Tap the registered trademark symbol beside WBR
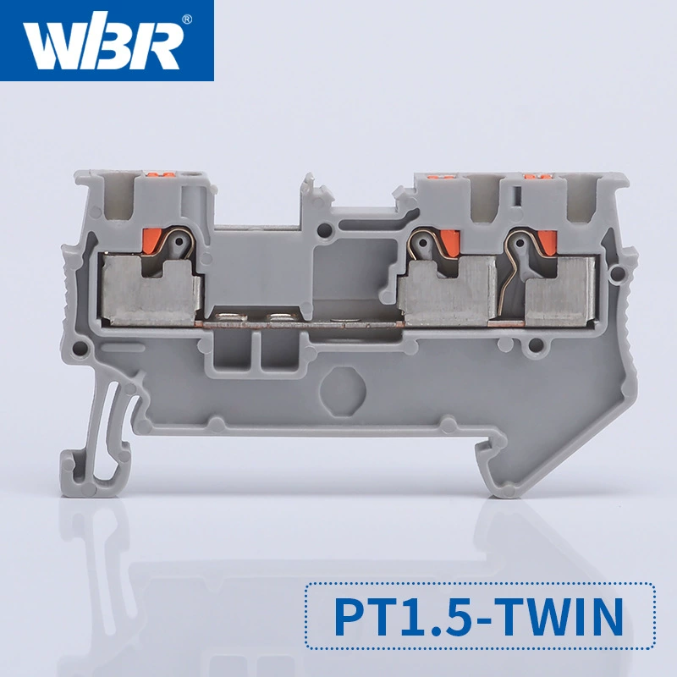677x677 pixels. [x=187, y=19]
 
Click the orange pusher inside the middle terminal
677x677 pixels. [x=450, y=242]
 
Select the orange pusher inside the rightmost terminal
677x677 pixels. [x=548, y=243]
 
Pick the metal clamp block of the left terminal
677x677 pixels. [x=151, y=290]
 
